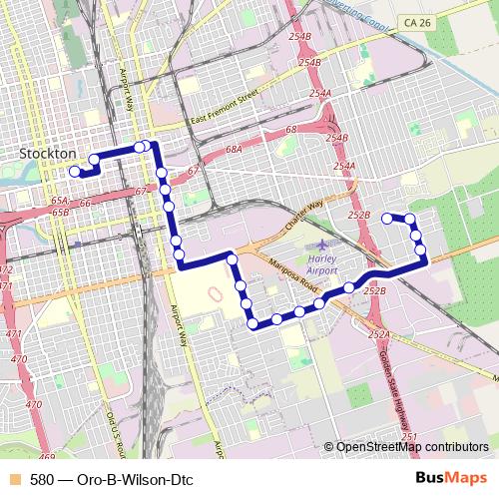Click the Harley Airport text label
(323, 263)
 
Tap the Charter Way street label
(303, 215)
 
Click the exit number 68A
(234, 148)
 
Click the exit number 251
(409, 437)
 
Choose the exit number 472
(6, 269)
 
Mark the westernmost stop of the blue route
(74, 172)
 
